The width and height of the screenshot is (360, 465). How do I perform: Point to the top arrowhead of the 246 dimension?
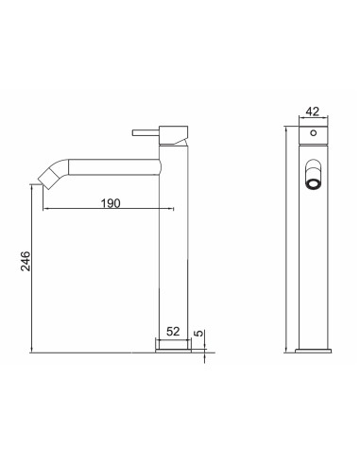click(x=36, y=190)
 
